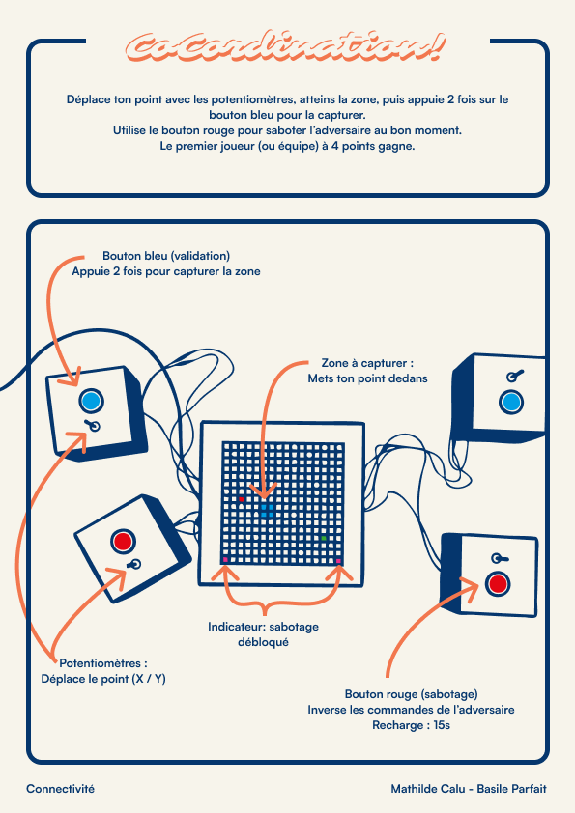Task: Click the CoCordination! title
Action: (285, 47)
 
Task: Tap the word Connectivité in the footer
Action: (60, 789)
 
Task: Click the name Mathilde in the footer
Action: (414, 789)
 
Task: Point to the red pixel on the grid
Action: (241, 499)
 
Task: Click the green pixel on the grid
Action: (324, 538)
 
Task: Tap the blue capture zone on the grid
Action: (267, 511)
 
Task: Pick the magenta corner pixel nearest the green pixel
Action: (338, 560)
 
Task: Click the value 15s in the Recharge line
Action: (442, 725)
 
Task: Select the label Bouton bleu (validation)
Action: (166, 256)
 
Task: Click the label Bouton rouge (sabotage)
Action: (411, 693)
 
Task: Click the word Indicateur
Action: (236, 627)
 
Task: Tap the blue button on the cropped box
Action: (511, 403)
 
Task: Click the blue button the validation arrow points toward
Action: (92, 401)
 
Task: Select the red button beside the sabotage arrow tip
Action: (498, 583)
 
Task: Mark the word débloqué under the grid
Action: (263, 642)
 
